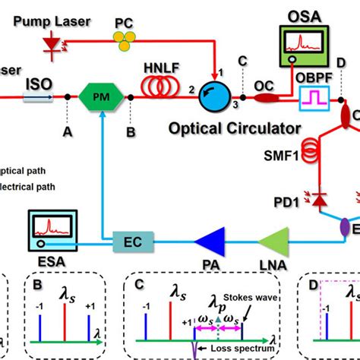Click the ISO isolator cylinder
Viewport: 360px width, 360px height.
click(x=35, y=96)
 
